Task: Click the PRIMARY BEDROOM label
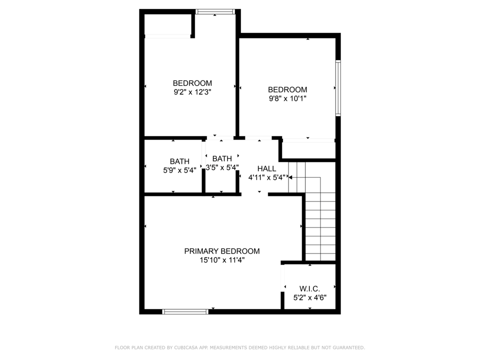click(222, 251)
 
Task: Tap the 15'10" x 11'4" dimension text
click(222, 260)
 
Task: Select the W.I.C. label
click(310, 288)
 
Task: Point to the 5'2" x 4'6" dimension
click(310, 297)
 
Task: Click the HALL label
click(266, 168)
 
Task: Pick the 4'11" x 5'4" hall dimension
click(266, 177)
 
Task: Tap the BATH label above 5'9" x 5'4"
click(179, 161)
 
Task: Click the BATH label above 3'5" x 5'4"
click(222, 158)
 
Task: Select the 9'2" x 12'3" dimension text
click(192, 92)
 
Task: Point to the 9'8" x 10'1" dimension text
click(287, 98)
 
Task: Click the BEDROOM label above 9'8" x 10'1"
click(287, 89)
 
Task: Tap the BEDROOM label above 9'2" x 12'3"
click(192, 83)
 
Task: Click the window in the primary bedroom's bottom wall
click(185, 311)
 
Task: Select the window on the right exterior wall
click(338, 88)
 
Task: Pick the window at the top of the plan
click(215, 11)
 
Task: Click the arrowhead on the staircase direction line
click(290, 177)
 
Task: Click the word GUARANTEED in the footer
click(349, 347)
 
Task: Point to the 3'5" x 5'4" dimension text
click(222, 167)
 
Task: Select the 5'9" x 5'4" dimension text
click(179, 170)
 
